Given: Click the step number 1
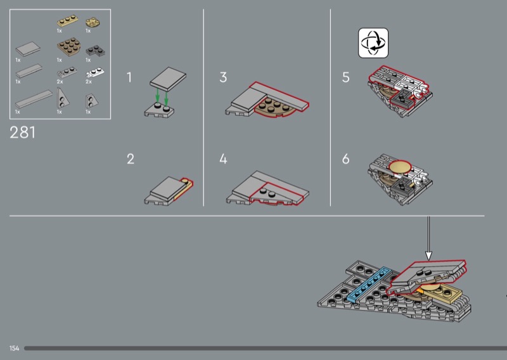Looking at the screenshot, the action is click(x=129, y=77).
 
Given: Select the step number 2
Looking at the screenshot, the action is click(x=131, y=159).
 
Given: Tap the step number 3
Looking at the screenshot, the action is click(x=223, y=77).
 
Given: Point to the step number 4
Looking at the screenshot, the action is click(x=223, y=159).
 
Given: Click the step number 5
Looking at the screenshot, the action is click(x=345, y=77).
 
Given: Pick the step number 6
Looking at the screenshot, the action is click(x=345, y=159).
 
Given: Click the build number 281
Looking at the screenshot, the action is click(x=22, y=132).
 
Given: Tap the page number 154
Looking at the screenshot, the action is click(x=14, y=348).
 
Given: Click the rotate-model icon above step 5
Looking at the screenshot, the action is click(x=373, y=42).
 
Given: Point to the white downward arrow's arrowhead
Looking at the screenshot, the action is click(x=428, y=256).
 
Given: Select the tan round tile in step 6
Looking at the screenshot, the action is click(x=400, y=166).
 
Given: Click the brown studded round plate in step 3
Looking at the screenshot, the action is click(x=274, y=108).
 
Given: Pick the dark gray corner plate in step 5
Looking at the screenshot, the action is click(x=402, y=99).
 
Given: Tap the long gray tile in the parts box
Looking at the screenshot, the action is click(x=34, y=99).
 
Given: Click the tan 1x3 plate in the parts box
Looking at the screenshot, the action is click(x=68, y=21).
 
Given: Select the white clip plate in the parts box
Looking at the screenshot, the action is click(x=95, y=73).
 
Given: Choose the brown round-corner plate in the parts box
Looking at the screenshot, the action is click(x=68, y=46).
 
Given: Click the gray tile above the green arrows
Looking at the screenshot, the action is click(x=168, y=76).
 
